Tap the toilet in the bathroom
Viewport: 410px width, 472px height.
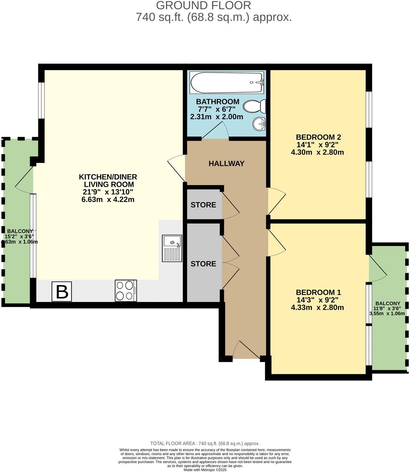[255, 106]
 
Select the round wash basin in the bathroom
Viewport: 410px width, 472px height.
[259, 124]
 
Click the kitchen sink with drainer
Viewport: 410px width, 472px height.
[172, 248]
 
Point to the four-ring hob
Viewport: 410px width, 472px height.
[126, 291]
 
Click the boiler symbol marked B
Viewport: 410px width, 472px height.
[62, 292]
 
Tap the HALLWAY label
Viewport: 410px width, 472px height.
[226, 164]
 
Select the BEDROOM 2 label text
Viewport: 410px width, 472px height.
[318, 137]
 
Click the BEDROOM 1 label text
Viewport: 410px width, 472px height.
[318, 292]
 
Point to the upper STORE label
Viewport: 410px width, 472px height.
[203, 205]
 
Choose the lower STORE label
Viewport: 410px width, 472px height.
[203, 264]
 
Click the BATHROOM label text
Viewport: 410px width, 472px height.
[217, 102]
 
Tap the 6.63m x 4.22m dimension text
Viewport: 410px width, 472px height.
[108, 200]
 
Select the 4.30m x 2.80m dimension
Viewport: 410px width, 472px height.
[317, 152]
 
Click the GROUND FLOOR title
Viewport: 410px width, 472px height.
[203, 5]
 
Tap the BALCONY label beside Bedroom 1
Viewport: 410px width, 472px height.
[388, 303]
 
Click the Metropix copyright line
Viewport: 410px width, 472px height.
[205, 470]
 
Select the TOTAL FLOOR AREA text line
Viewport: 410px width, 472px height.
[205, 444]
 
